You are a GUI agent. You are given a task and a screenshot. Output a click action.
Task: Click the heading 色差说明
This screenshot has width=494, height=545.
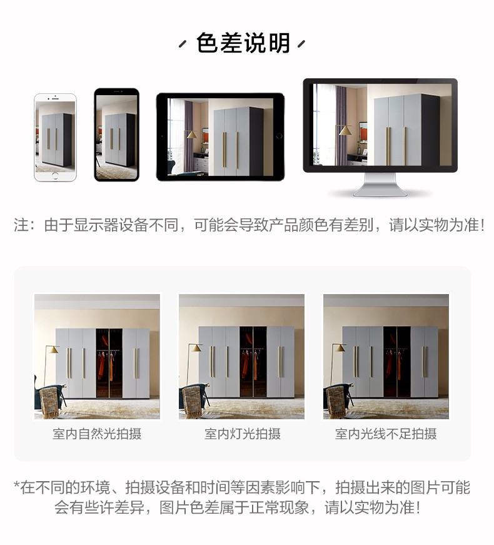[x=243, y=43]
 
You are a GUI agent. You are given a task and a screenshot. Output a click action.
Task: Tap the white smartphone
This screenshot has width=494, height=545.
[x=55, y=137]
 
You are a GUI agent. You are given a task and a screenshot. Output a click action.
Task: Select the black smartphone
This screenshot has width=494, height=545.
[x=117, y=135]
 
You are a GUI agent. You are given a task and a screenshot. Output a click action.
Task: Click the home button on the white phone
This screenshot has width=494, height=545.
[x=55, y=176]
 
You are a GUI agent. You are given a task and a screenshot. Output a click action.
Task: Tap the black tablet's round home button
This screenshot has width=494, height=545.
[x=279, y=136]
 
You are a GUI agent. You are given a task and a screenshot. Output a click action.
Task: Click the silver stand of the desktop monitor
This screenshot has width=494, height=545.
[x=380, y=184]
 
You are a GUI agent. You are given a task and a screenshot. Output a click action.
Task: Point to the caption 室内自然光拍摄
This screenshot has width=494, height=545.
[x=97, y=434]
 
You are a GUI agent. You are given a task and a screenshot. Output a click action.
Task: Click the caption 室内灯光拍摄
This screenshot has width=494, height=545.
[x=242, y=434]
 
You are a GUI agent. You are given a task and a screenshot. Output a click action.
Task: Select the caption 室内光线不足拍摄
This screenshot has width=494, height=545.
[x=386, y=434]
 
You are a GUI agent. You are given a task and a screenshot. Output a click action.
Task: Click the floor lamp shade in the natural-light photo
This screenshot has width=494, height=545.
[x=52, y=349]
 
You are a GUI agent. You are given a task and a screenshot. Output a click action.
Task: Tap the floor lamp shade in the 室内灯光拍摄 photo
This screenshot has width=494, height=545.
[x=196, y=348]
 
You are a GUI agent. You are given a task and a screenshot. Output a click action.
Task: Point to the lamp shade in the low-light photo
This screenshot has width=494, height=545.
[x=340, y=348]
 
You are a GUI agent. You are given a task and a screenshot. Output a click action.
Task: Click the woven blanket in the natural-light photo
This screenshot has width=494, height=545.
[x=49, y=402]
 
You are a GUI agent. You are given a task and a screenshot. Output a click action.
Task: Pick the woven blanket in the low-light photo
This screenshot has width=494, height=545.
[x=336, y=402]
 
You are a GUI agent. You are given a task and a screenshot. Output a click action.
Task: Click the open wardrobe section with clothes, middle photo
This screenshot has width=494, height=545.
[x=253, y=362]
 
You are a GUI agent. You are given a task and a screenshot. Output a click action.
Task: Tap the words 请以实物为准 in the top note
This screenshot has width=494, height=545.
[x=433, y=225]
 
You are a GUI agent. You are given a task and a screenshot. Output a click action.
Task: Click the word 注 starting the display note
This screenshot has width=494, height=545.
[x=21, y=225]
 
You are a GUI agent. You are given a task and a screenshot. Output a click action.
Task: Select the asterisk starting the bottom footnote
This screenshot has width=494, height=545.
[x=16, y=484]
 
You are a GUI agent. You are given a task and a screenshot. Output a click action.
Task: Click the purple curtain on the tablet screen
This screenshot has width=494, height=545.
[x=189, y=136]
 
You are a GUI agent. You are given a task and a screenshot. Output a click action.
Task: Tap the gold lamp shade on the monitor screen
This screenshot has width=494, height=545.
[x=345, y=130]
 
